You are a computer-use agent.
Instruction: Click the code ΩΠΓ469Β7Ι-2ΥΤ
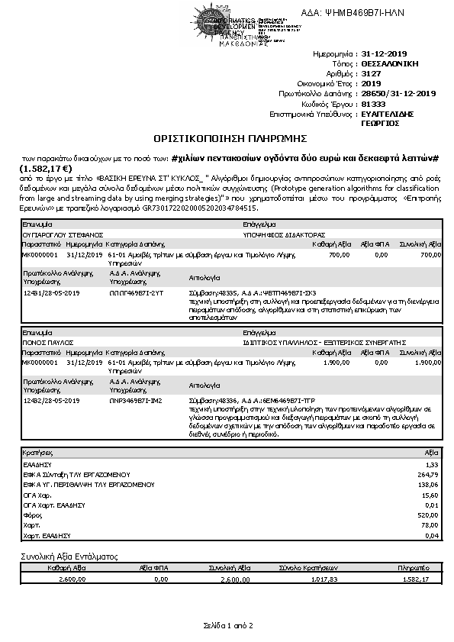coord(137,292)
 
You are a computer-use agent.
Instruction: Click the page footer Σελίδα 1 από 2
coord(227,625)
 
